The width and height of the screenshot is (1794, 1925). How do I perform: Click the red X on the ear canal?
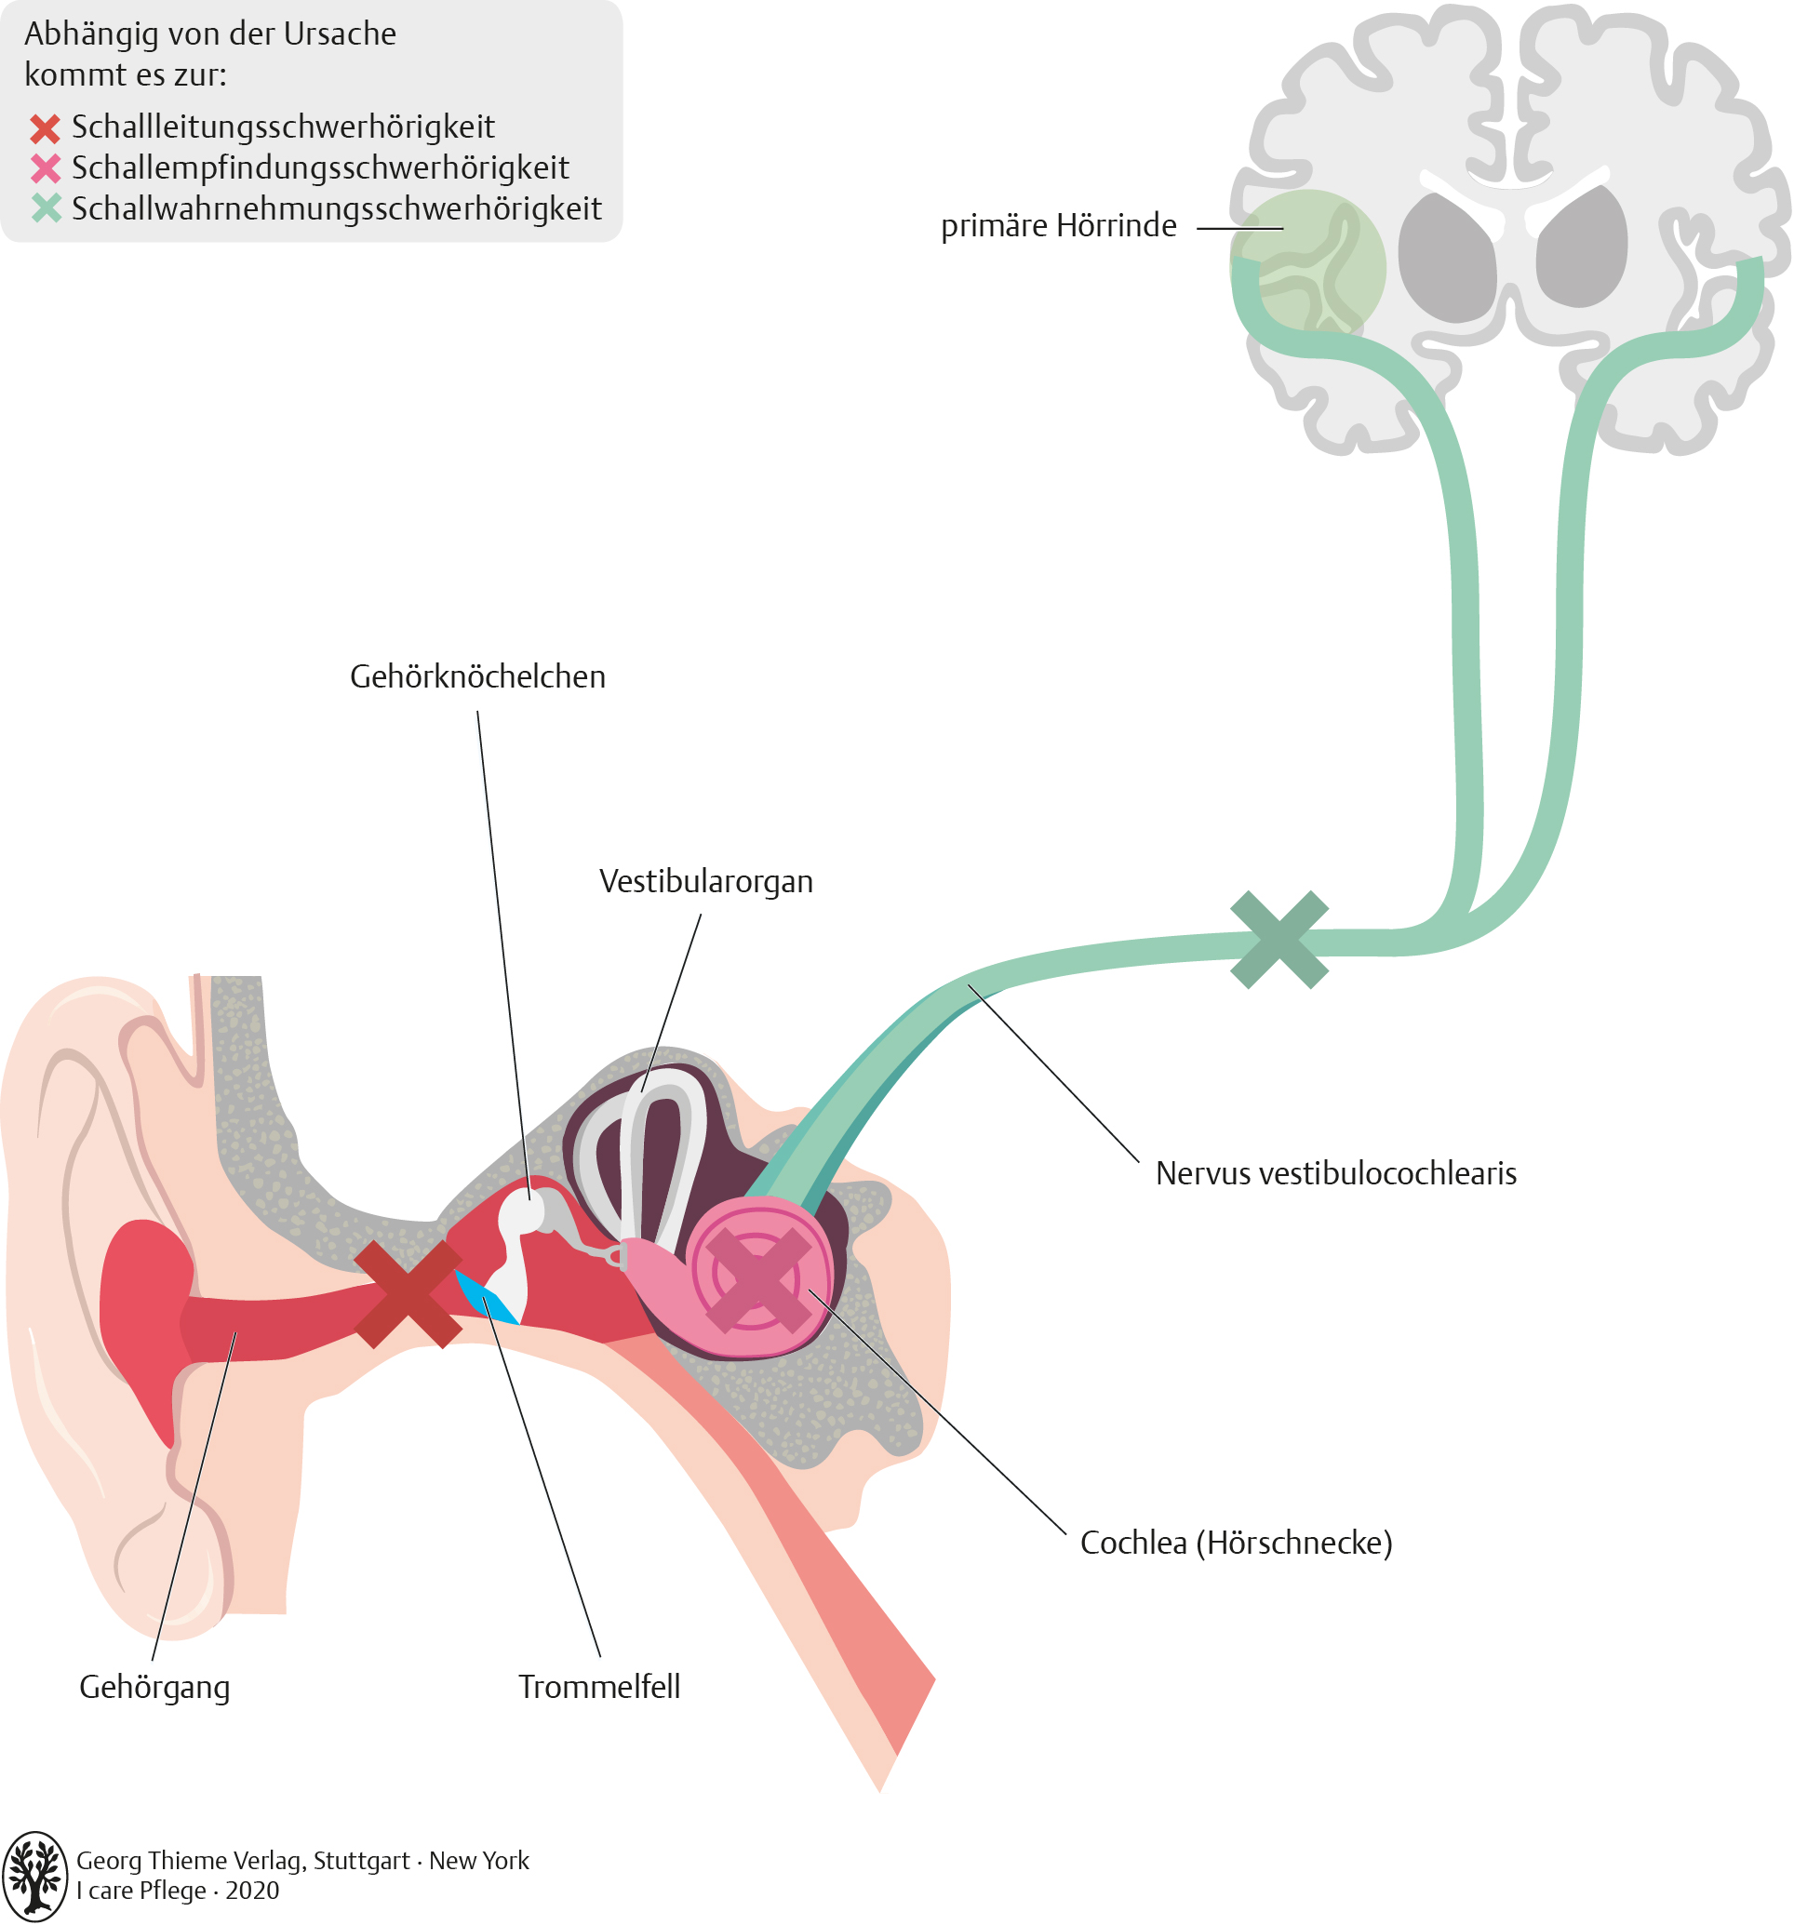point(408,1293)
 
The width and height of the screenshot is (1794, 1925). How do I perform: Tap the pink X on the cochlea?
point(759,1279)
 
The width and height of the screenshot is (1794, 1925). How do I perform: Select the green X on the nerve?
point(1279,940)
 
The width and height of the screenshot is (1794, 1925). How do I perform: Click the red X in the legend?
point(45,127)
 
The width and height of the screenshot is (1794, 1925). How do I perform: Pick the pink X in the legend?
point(45,168)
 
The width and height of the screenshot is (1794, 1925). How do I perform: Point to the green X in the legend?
point(45,208)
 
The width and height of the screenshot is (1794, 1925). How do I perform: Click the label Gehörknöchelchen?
point(477,676)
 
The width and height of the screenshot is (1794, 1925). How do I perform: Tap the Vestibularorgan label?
point(706,881)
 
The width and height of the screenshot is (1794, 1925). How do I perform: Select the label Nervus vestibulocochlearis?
point(1335,1173)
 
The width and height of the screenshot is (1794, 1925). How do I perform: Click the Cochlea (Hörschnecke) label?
point(1236,1543)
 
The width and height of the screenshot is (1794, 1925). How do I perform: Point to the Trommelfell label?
point(598,1687)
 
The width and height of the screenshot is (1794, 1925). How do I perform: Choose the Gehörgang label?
point(154,1687)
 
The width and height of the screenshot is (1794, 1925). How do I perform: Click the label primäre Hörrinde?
point(1058,225)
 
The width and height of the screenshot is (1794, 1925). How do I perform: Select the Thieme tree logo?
point(34,1876)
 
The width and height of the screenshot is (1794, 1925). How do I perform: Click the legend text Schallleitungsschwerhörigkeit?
point(283,127)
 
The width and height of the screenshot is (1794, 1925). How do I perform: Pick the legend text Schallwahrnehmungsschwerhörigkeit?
point(336,208)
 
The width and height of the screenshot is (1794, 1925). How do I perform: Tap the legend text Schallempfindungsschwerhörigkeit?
point(319,167)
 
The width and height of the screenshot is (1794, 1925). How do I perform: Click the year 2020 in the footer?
point(252,1891)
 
